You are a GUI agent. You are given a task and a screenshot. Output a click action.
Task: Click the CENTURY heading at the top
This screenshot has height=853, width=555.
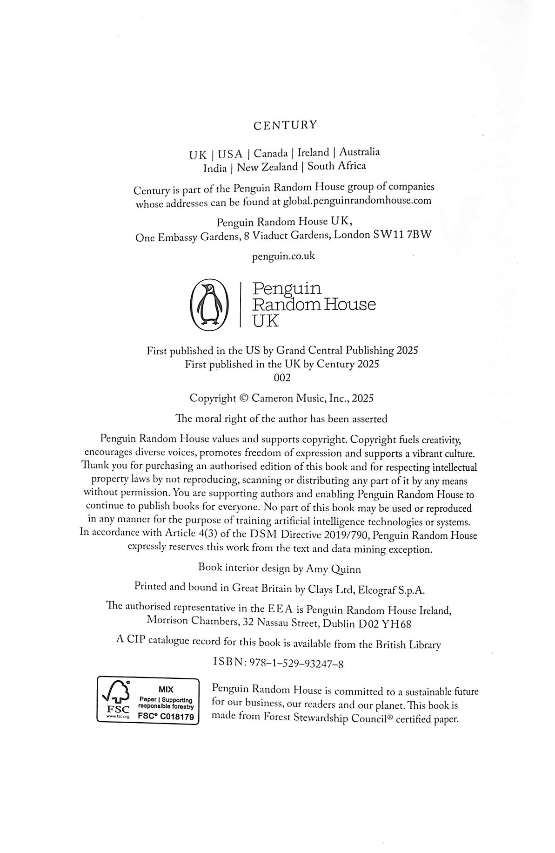point(285,125)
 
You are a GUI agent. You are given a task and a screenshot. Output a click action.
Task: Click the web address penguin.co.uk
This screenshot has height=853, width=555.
point(283,256)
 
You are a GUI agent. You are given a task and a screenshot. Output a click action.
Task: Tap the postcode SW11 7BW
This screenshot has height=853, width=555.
point(402,235)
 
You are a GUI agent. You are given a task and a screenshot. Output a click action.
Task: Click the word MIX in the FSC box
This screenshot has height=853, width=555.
point(166,690)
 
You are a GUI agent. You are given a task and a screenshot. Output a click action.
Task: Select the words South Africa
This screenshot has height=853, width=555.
point(337,166)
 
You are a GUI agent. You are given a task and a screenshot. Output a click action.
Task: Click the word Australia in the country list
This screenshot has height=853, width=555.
point(359,152)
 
